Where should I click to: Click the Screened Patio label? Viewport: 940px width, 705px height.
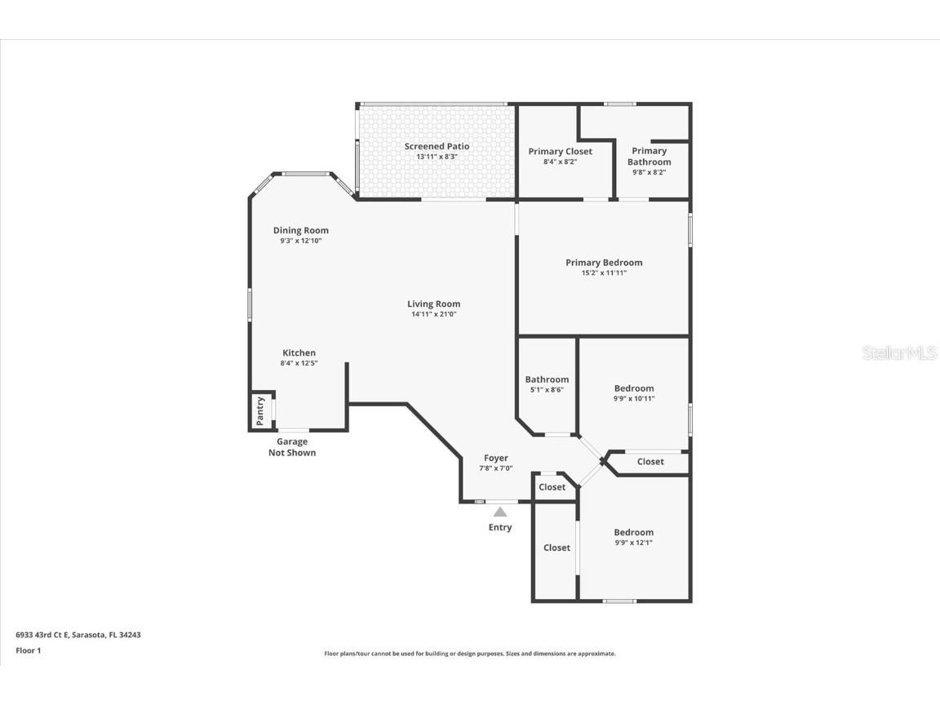click(437, 147)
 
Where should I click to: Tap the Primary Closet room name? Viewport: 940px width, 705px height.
click(560, 152)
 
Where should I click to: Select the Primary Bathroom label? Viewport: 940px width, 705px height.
click(649, 157)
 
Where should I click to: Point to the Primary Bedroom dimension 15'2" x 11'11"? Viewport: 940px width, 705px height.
click(604, 273)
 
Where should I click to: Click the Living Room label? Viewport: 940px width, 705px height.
click(433, 304)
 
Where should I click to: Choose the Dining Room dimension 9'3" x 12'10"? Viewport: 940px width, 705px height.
click(300, 241)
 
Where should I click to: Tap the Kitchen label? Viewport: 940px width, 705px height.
click(299, 353)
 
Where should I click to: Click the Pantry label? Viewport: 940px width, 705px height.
click(260, 410)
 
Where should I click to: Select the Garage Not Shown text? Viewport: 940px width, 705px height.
click(291, 447)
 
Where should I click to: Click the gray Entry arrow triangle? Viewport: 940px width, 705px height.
click(499, 512)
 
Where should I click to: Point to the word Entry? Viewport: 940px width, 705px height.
click(499, 527)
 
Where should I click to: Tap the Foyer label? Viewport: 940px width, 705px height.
click(495, 459)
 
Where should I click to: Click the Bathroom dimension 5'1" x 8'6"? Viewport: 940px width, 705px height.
click(547, 390)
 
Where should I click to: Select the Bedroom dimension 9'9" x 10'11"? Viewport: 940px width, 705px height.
click(634, 399)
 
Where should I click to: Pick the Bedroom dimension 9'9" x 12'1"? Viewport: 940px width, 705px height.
click(634, 543)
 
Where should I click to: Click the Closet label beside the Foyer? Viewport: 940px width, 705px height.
click(552, 487)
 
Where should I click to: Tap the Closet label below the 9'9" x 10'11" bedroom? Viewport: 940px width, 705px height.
click(650, 462)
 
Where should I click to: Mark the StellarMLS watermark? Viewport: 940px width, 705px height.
click(898, 353)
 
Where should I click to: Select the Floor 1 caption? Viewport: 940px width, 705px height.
click(28, 650)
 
